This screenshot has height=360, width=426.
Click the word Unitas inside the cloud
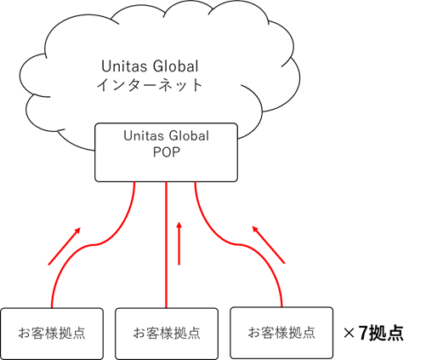[x=125, y=66]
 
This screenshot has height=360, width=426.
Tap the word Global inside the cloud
[x=176, y=66]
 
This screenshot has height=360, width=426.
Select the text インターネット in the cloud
[x=150, y=84]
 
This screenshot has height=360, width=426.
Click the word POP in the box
[x=167, y=152]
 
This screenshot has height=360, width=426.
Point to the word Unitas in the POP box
[x=142, y=136]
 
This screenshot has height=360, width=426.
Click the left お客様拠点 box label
[x=52, y=333]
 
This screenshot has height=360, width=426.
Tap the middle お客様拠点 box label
[x=167, y=333]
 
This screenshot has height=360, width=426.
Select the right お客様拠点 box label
[x=281, y=332]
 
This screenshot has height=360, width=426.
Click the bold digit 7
[x=363, y=333]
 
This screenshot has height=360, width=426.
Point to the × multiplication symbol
[x=349, y=334]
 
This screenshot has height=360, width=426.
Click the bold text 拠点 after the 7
[x=386, y=333]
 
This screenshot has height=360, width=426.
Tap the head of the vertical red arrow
[x=179, y=225]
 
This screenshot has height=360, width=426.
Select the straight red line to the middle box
[x=166, y=245]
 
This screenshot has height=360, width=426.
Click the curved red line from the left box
[x=94, y=244]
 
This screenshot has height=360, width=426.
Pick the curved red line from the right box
[x=239, y=244]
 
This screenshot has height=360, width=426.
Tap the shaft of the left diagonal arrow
[x=65, y=246]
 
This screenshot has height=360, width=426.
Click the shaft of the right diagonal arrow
[x=269, y=245]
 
